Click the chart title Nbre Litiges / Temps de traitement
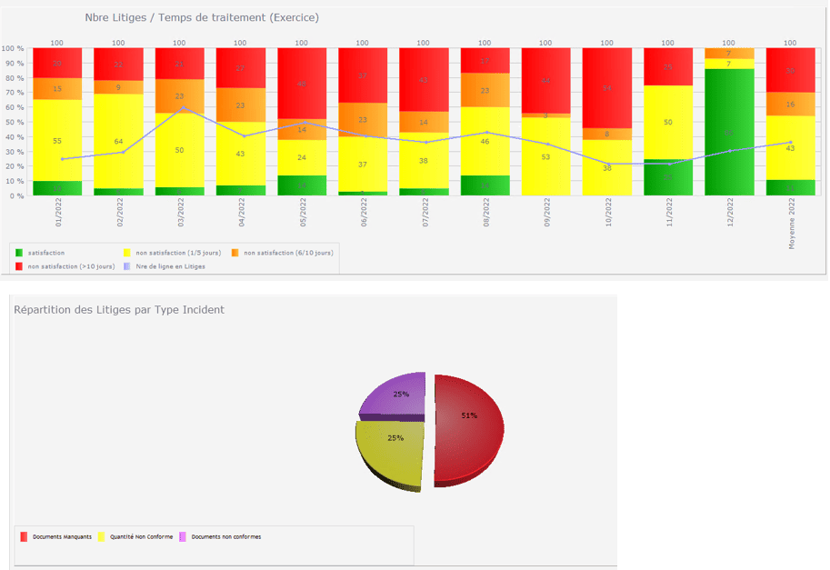tap(201, 17)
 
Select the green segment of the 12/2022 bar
tap(728, 132)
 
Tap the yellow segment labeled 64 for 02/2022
tap(118, 141)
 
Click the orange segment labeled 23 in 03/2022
tap(179, 95)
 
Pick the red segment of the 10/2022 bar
tap(606, 88)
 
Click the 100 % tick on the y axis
tap(13, 48)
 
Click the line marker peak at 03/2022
tap(180, 108)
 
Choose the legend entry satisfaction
tap(46, 252)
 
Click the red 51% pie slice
tap(468, 427)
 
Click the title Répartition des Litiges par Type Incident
tap(119, 309)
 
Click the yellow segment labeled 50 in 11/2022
tap(668, 122)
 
